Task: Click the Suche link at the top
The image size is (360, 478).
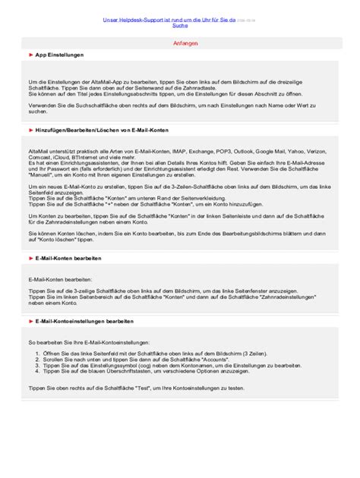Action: point(180,25)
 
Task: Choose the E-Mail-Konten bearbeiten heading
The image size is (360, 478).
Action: point(71,259)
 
